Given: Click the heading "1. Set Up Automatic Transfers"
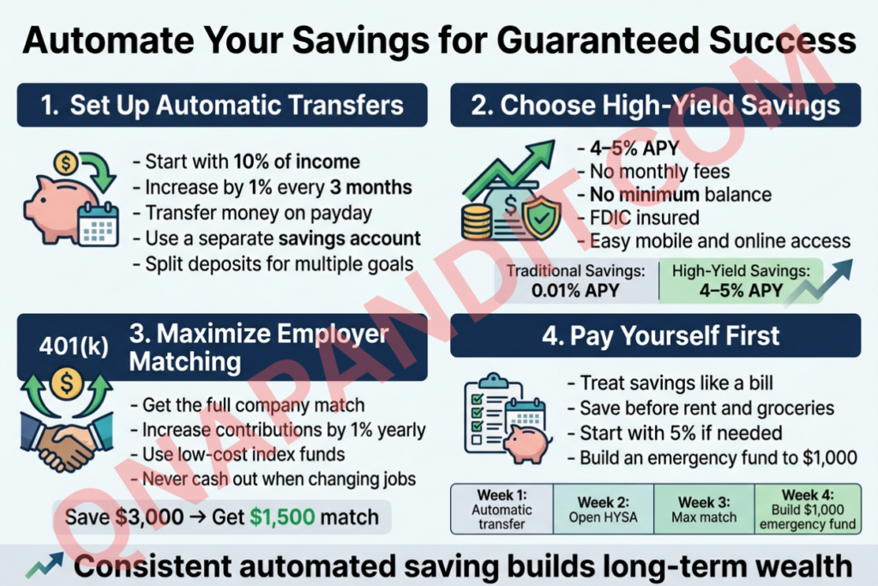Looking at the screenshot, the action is [222, 105].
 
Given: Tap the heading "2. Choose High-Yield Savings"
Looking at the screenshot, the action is [656, 105].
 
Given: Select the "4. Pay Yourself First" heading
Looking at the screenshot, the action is [661, 335].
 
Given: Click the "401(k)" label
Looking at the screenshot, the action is [74, 346].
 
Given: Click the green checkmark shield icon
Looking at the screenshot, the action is [541, 217].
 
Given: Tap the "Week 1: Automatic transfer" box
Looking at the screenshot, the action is [502, 510].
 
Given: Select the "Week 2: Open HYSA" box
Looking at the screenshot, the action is [603, 510].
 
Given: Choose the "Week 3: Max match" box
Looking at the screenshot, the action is [704, 510].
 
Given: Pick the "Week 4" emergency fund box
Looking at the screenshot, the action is [808, 510].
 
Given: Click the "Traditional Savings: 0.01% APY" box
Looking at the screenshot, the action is [575, 281].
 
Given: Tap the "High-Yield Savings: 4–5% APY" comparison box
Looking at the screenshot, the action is [741, 281].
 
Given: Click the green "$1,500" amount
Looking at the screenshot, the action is [282, 517].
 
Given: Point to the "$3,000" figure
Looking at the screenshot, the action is [149, 517].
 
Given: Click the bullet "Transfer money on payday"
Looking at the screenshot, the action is [252, 213].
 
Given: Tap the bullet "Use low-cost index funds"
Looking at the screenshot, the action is [238, 455].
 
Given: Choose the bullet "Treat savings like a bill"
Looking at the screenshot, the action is [671, 383].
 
